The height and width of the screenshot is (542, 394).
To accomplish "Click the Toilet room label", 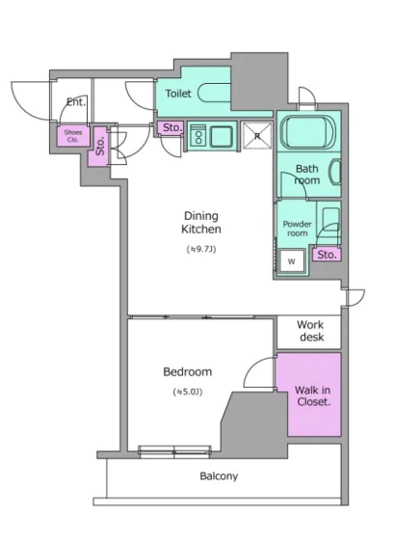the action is point(178,94).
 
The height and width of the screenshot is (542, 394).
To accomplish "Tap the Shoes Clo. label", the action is point(73,136).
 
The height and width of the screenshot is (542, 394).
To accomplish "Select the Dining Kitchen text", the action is point(201,222).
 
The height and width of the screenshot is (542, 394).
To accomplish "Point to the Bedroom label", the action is point(188,372).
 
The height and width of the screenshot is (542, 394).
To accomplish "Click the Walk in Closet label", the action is point(313,396).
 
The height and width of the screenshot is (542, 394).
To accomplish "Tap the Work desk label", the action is point(311,331).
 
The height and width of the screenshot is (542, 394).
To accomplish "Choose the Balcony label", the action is point(219,476).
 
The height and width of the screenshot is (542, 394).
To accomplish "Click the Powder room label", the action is point(298,229).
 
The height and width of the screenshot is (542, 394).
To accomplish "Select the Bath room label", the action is point(307,175).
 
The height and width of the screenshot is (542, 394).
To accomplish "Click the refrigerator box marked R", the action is point(257,135).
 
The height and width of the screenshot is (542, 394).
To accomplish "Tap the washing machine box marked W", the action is point(292,261).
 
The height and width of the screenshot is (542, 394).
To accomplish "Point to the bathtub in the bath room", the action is point(308,132).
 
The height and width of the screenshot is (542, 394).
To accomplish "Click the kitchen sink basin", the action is point(222,137).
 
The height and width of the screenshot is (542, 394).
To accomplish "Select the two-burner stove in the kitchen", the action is point(198,136).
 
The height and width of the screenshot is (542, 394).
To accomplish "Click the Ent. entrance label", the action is point(76,102).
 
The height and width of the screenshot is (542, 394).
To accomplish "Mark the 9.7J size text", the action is point(201,249).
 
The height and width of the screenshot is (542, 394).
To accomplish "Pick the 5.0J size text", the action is point(188,392).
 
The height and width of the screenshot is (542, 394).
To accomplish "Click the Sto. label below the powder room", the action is point(327,255).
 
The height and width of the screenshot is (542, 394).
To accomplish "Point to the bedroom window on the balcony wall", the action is point(174,451).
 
